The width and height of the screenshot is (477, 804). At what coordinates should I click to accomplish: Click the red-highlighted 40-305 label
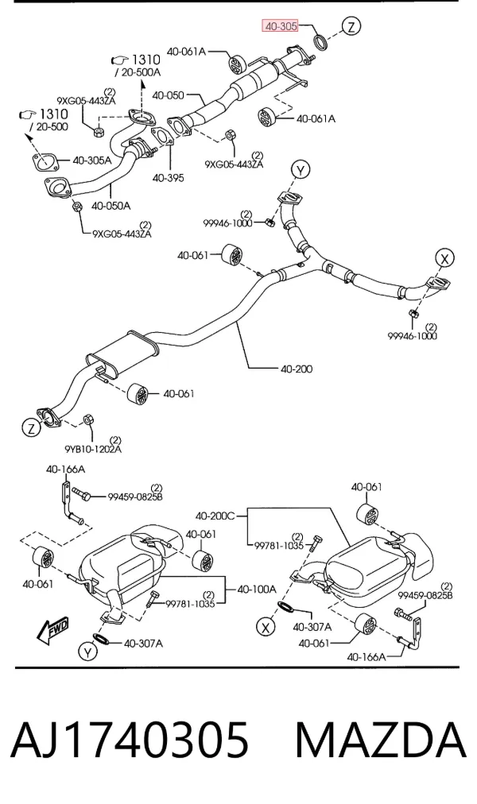[x=280, y=25]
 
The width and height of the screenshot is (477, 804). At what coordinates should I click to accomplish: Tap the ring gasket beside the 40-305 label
[x=321, y=42]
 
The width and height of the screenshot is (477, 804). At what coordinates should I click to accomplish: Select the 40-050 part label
[x=168, y=95]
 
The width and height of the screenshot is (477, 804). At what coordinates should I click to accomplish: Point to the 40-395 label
[x=168, y=178]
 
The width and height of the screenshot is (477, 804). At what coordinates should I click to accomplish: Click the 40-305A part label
[x=91, y=160]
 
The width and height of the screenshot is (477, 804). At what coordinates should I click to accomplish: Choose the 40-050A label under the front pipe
[x=111, y=206]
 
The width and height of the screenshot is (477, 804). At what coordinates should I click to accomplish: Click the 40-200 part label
[x=297, y=369]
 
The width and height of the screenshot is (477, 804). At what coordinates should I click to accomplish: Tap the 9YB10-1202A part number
[x=93, y=449]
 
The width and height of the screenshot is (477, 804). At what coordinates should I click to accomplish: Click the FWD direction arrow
[x=52, y=630]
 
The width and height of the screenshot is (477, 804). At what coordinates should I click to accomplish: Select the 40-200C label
[x=215, y=516]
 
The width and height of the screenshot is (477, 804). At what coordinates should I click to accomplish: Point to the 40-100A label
[x=257, y=589]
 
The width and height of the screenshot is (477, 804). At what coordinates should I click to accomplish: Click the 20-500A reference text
[x=138, y=72]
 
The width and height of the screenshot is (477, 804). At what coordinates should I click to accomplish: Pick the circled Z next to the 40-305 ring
[x=351, y=25]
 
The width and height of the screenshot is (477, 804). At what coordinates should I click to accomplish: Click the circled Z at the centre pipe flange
[x=31, y=427]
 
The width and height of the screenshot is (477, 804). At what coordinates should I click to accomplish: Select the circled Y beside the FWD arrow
[x=87, y=652]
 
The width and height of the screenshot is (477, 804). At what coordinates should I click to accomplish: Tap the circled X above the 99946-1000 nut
[x=444, y=258]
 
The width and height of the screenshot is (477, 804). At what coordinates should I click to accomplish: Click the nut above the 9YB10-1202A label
[x=87, y=419]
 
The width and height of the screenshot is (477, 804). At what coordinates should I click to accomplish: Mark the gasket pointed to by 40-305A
[x=45, y=160]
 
